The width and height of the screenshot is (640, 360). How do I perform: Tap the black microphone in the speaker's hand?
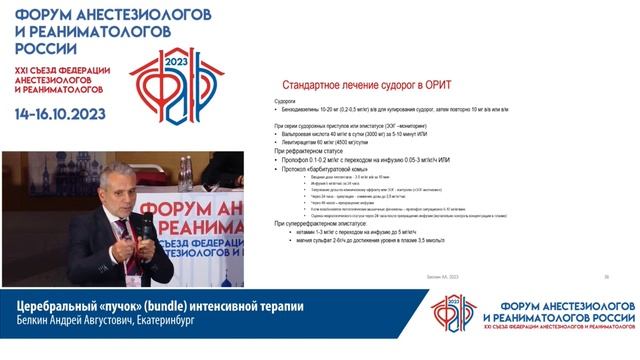[x=145, y=226]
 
